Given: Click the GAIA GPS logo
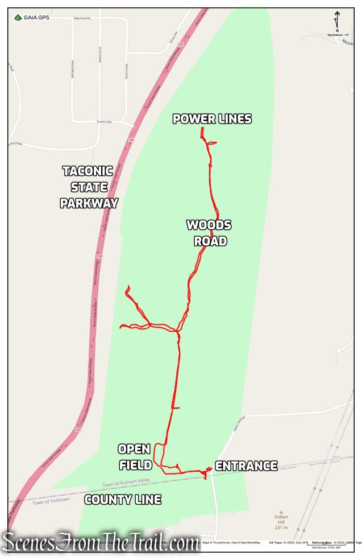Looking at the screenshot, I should (x=31, y=18).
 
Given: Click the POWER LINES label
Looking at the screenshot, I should (x=212, y=119).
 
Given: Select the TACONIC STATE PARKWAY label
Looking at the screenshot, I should (x=89, y=187).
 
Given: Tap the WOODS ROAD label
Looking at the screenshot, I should (x=209, y=233).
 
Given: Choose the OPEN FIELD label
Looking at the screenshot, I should (x=135, y=457).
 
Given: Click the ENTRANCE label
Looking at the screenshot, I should (x=246, y=466).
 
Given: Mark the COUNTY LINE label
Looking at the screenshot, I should (x=123, y=500).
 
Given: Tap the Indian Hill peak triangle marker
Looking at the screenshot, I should (x=281, y=511).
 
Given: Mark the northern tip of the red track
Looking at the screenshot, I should (x=202, y=130).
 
